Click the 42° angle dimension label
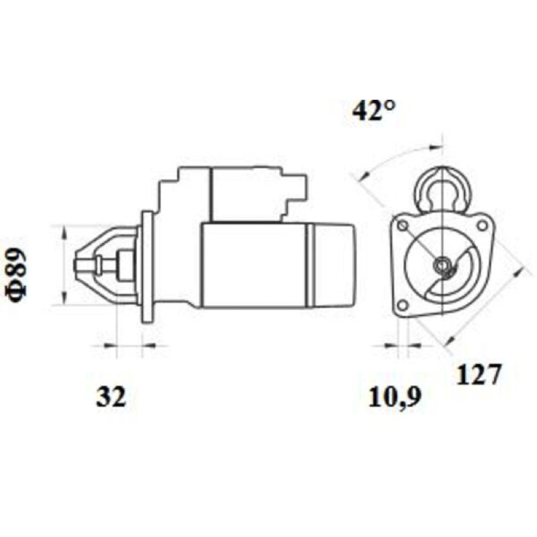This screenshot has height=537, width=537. pyautogui.click(x=374, y=110)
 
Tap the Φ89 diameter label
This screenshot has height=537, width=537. pyautogui.click(x=15, y=276)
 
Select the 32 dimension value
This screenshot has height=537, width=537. pyautogui.click(x=111, y=397)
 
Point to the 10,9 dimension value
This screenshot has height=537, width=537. pyautogui.click(x=395, y=397)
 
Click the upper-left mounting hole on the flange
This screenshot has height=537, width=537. pyautogui.click(x=403, y=226)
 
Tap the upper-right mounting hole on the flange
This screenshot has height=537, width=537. pyautogui.click(x=482, y=226)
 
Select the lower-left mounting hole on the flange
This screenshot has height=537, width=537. pyautogui.click(x=403, y=305)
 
